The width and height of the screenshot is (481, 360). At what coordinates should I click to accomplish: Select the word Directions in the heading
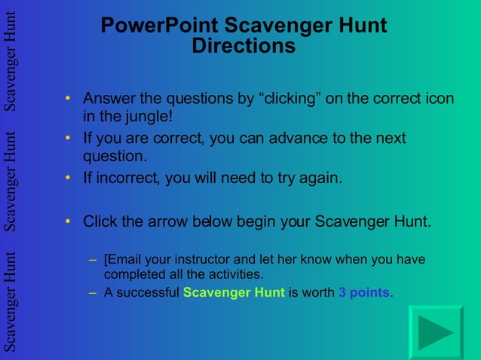pyautogui.click(x=244, y=46)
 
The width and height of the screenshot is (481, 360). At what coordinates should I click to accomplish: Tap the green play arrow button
pyautogui.click(x=435, y=332)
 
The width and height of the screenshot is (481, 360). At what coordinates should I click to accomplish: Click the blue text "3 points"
pyautogui.click(x=364, y=293)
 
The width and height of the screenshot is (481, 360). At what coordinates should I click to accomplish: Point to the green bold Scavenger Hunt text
pyautogui.click(x=234, y=293)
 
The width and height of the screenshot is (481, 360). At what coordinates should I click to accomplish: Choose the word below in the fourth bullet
pyautogui.click(x=212, y=221)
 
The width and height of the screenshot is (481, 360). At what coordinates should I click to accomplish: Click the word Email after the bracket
pyautogui.click(x=125, y=260)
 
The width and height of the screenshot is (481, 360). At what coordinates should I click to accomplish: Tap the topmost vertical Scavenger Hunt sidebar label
pyautogui.click(x=11, y=61)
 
